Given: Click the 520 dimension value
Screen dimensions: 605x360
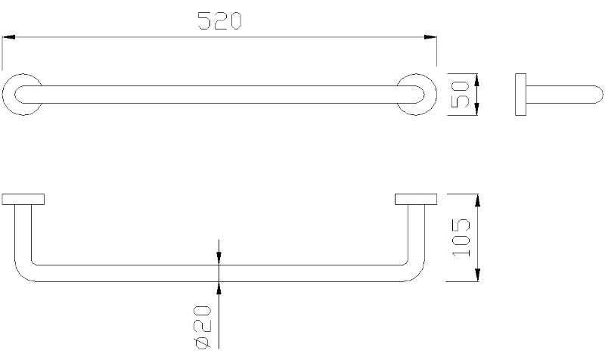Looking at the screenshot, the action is point(219,21).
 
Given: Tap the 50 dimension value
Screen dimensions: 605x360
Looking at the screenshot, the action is point(461,95).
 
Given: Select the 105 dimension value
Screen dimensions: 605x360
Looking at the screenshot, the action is point(461,237).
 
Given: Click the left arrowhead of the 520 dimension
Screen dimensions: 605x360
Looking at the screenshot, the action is point(8,37).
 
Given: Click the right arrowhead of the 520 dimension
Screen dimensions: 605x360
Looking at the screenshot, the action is point(430,37).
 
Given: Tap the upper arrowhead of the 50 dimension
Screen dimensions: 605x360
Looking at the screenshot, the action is point(476,80).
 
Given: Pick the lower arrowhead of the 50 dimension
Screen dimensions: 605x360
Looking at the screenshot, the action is point(476,109).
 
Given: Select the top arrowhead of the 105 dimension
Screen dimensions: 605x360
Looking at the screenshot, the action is point(478,200).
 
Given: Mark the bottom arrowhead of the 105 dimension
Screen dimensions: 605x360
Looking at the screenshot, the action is point(478,275).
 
